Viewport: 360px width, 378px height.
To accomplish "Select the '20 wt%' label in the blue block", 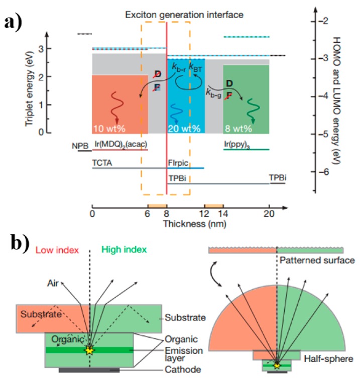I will pos(184,129).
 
